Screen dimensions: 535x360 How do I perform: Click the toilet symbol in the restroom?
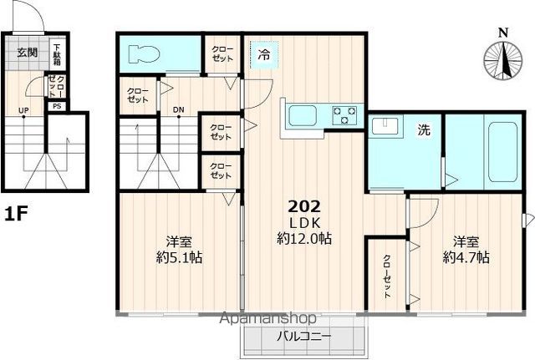[x=145, y=54]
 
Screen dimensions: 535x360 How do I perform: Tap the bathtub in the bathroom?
[x=502, y=152]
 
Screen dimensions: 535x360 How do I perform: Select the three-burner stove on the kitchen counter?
[x=344, y=115]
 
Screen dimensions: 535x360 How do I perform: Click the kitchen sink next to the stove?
[x=303, y=115]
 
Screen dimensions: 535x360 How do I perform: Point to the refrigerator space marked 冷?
[x=264, y=54]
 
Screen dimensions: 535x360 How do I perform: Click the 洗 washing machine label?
[x=424, y=129]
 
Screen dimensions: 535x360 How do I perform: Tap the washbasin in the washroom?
[x=385, y=126]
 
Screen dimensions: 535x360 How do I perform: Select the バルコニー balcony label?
[x=303, y=337]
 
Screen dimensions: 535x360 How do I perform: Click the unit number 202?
[x=304, y=206]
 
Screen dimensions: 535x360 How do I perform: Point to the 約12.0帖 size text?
[x=304, y=239]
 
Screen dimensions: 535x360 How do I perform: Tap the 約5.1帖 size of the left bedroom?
[x=179, y=257]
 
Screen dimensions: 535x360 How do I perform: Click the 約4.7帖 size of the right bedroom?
[x=466, y=257]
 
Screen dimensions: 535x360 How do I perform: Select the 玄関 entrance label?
[x=28, y=53]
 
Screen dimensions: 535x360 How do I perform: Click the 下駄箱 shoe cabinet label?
[x=57, y=54]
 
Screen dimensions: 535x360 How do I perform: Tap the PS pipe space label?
[x=57, y=106]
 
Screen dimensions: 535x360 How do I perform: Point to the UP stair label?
[x=23, y=110]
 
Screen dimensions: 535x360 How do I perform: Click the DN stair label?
[x=178, y=109]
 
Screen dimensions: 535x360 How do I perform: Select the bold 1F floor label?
[x=16, y=214]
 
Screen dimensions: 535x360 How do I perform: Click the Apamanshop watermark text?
[x=268, y=318]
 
